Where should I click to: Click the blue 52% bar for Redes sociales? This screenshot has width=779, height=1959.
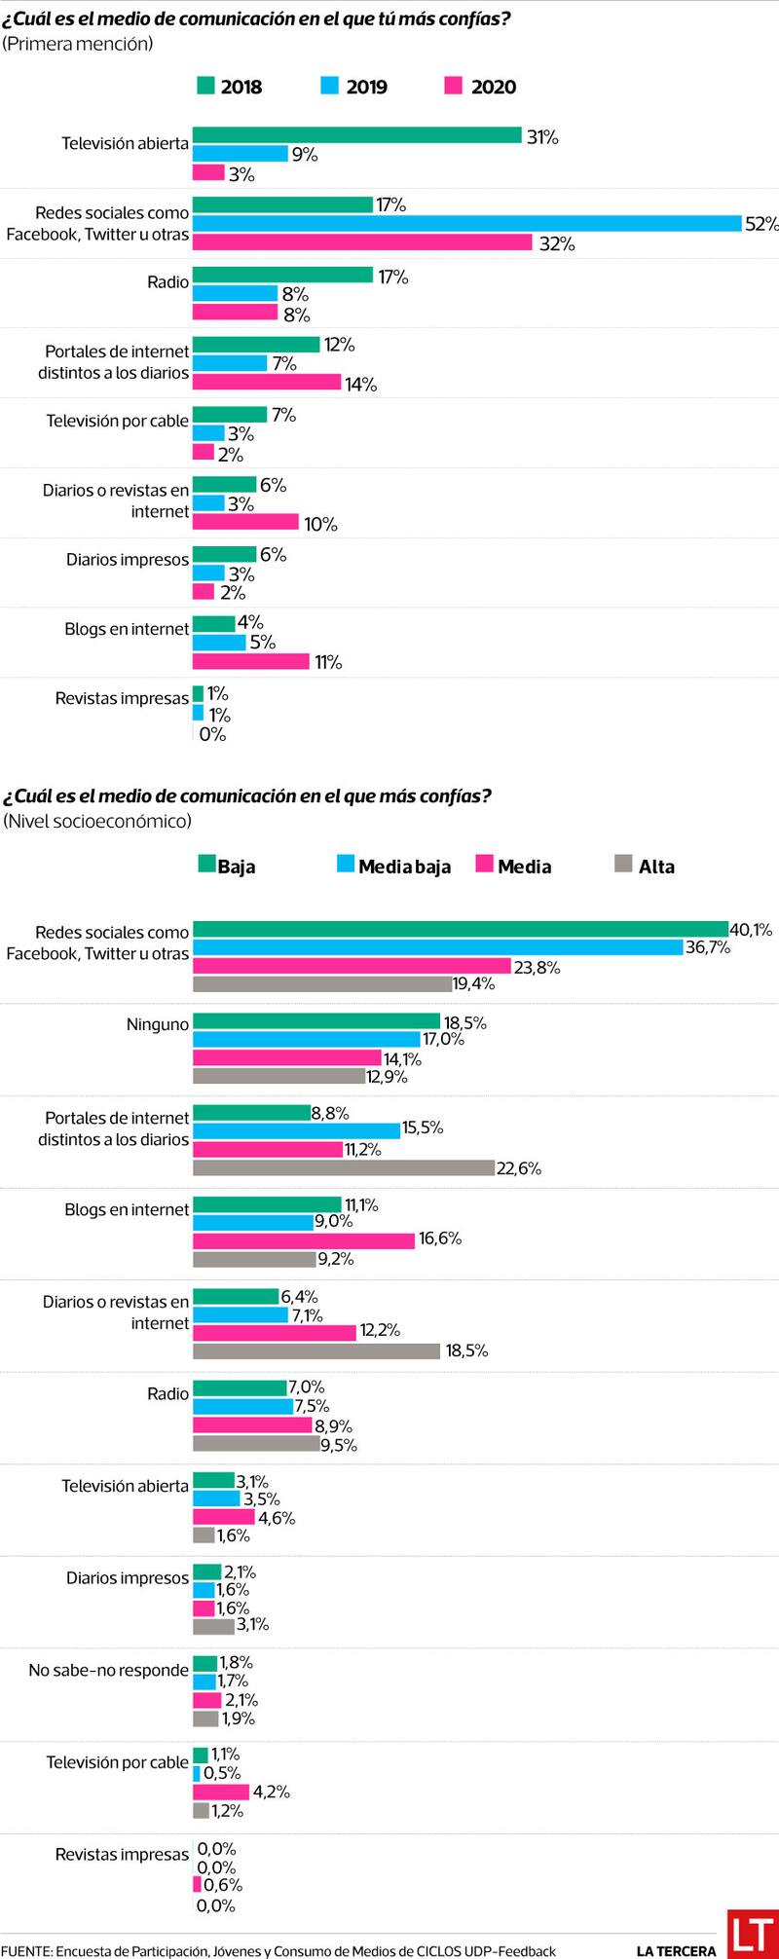467,223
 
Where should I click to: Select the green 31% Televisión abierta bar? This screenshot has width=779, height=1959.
356,135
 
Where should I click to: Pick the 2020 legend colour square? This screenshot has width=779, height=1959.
453,86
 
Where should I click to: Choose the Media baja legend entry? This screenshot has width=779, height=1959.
393,866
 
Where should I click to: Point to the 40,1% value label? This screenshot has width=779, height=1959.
751,930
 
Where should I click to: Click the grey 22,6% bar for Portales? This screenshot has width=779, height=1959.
344,1167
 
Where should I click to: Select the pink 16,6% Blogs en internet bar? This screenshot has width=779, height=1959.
304,1240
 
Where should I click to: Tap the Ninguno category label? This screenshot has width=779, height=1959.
158,1024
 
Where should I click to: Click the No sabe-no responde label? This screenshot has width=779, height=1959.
108,1670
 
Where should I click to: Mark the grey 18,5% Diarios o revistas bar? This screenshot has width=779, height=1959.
316,1350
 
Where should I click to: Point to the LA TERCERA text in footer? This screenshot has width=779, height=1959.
676,1950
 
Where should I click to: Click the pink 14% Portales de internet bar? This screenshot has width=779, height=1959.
267,382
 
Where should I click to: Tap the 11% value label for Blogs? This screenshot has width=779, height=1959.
328,663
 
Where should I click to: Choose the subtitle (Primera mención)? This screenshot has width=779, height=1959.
78,44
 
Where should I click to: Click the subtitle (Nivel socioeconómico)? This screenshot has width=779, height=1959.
97,821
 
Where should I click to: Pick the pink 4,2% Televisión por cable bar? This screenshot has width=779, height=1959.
221,1792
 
